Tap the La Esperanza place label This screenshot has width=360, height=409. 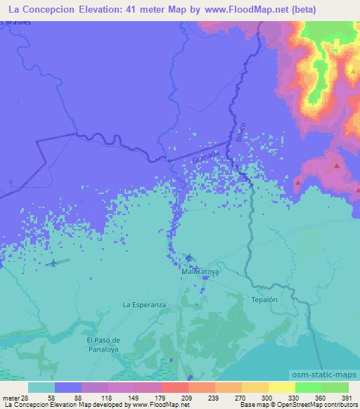(x=143, y=305)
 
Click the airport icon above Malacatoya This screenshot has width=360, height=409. (x=188, y=258)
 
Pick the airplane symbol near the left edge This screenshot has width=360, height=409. (x=53, y=263)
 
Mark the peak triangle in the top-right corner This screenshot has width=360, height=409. (x=351, y=71)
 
